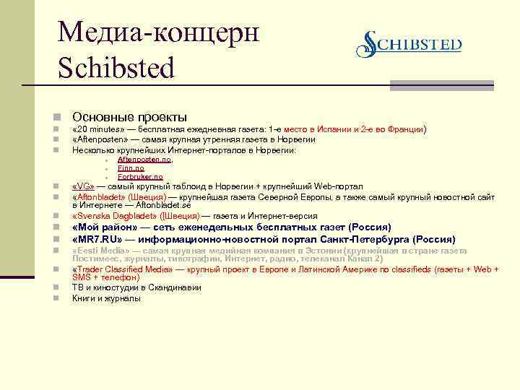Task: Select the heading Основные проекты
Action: tap(129, 117)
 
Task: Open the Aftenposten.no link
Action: tap(144, 160)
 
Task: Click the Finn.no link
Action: tap(131, 168)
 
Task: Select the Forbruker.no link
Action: tap(140, 177)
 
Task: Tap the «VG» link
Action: tap(83, 186)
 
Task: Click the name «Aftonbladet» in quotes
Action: tap(101, 196)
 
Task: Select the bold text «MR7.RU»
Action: tap(97, 239)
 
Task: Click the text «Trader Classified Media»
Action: tap(123, 269)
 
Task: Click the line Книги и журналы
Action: tap(106, 298)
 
